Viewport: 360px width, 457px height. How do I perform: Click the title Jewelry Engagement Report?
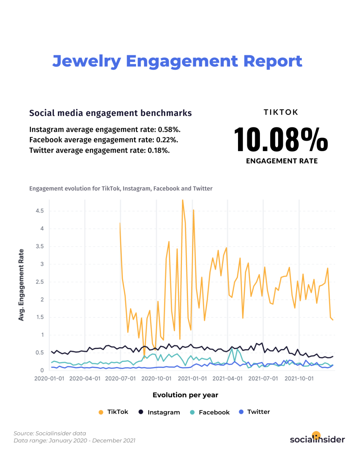pyautogui.click(x=177, y=61)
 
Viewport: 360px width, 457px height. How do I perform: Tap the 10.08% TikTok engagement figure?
pyautogui.click(x=281, y=139)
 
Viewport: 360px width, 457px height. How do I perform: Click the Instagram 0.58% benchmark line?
pyautogui.click(x=105, y=129)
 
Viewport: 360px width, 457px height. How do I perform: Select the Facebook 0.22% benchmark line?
pyautogui.click(x=103, y=140)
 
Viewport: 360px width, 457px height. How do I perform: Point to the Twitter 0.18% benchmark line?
pyautogui.click(x=99, y=150)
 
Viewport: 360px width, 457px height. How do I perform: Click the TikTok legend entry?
pyautogui.click(x=114, y=412)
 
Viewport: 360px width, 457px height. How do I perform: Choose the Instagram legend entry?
pyautogui.click(x=159, y=412)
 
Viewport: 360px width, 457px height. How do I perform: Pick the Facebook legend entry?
pyautogui.click(x=210, y=412)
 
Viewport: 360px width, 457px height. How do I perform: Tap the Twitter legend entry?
pyautogui.click(x=255, y=412)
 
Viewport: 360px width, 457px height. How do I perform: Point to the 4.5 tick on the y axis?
pyautogui.click(x=40, y=211)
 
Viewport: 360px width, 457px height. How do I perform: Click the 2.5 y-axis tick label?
pyautogui.click(x=40, y=282)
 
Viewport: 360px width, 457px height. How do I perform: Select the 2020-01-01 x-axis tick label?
pyautogui.click(x=49, y=378)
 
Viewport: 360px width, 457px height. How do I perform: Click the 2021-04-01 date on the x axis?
pyautogui.click(x=227, y=378)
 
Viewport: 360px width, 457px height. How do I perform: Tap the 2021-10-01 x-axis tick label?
pyautogui.click(x=299, y=378)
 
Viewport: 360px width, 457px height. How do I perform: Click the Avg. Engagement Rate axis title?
pyautogui.click(x=21, y=285)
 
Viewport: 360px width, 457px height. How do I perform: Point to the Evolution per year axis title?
pyautogui.click(x=185, y=395)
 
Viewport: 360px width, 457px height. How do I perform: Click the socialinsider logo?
pyautogui.click(x=317, y=438)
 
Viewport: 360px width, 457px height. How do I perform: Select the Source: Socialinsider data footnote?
pyautogui.click(x=50, y=433)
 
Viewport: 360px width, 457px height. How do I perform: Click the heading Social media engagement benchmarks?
pyautogui.click(x=110, y=113)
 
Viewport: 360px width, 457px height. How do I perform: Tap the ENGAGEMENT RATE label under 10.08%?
pyautogui.click(x=282, y=161)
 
